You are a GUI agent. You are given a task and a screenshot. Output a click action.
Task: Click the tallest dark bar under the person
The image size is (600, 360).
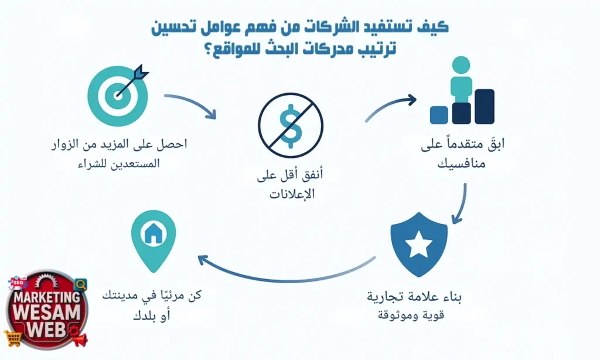coord(484,106)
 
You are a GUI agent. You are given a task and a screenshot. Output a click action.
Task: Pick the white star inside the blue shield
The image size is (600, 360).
coord(419,245)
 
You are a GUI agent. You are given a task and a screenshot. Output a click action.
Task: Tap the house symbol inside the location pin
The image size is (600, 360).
coord(154,234)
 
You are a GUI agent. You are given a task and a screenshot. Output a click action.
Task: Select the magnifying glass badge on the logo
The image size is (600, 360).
coord(81,284)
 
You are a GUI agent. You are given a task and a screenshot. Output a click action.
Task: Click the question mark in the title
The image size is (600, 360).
coord(207,49)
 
